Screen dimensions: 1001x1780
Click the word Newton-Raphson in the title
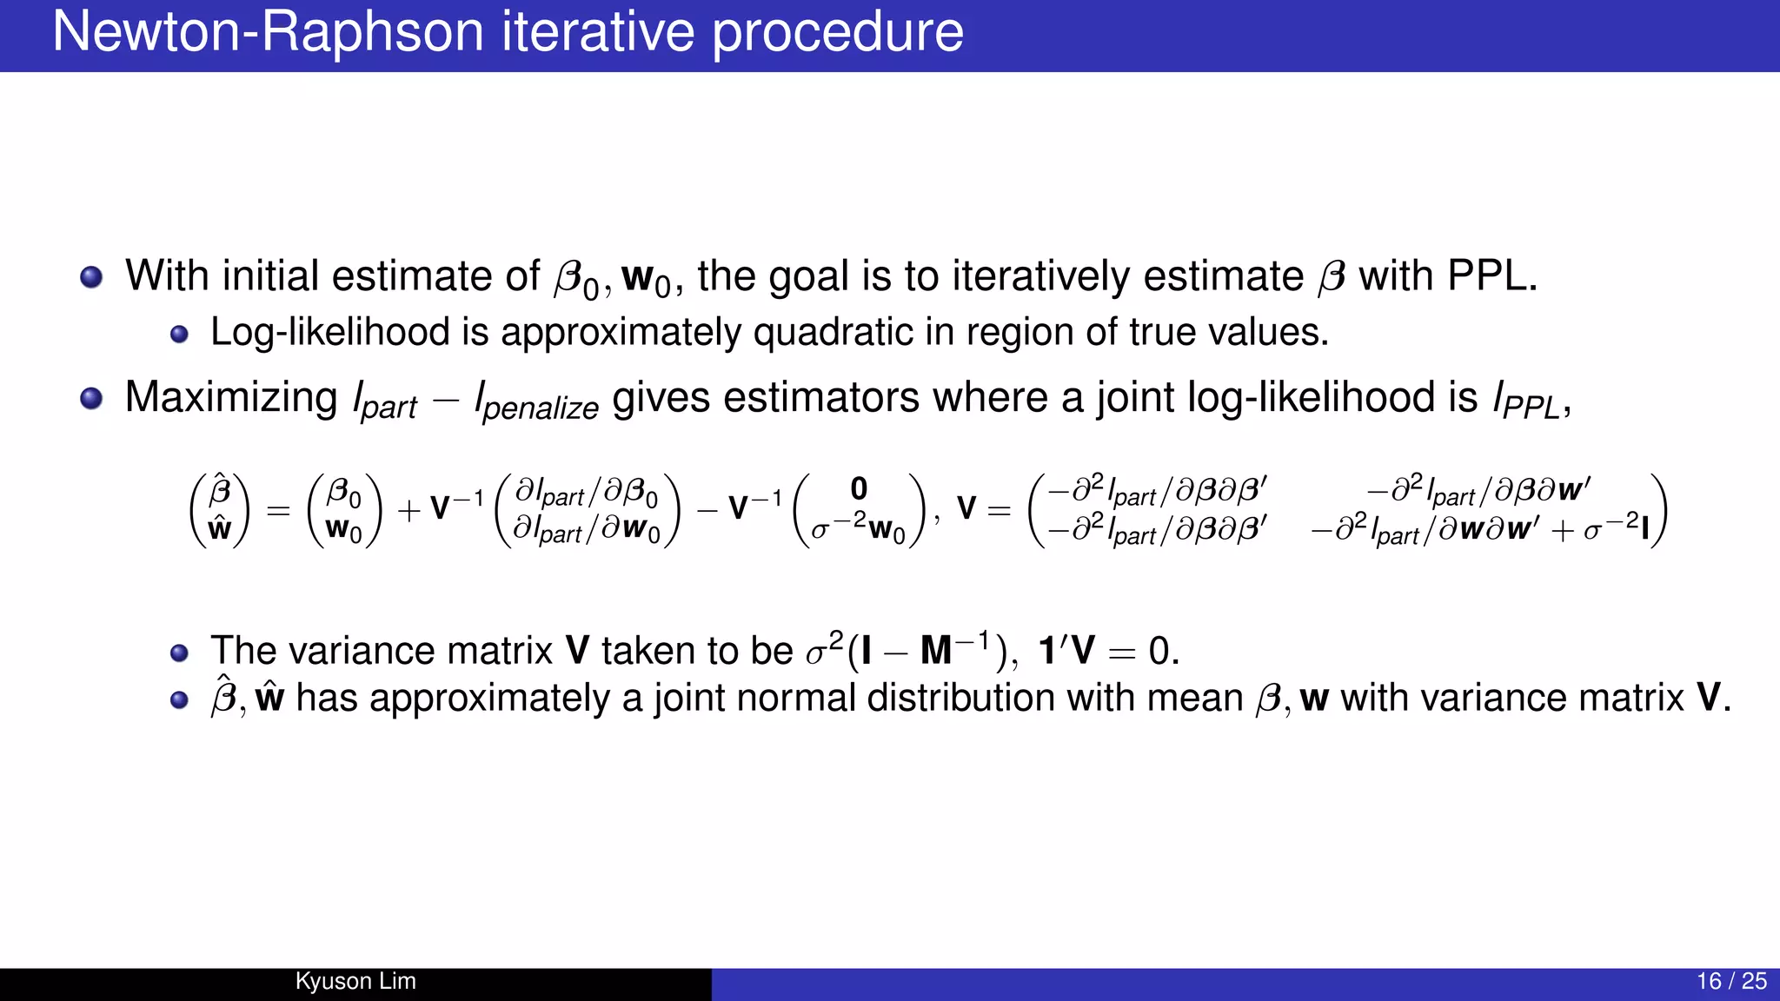pos(268,33)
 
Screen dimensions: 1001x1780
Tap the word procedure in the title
pos(838,33)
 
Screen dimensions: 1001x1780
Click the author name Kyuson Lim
pos(355,981)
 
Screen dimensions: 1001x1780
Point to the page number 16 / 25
pos(1731,981)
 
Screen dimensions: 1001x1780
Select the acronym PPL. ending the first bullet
pos(1491,276)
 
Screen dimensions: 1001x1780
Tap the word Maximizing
pos(231,398)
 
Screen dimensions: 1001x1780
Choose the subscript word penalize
pos(541,408)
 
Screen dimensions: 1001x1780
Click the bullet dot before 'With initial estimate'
pos(91,277)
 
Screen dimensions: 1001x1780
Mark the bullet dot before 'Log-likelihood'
pos(179,335)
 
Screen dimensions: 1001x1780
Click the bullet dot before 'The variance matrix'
pos(179,653)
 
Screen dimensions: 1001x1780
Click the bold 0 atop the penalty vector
pos(859,488)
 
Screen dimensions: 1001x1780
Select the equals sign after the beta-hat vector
pos(278,510)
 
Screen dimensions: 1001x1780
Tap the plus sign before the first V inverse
pos(408,510)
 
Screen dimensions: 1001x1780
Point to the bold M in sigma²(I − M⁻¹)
pos(936,651)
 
